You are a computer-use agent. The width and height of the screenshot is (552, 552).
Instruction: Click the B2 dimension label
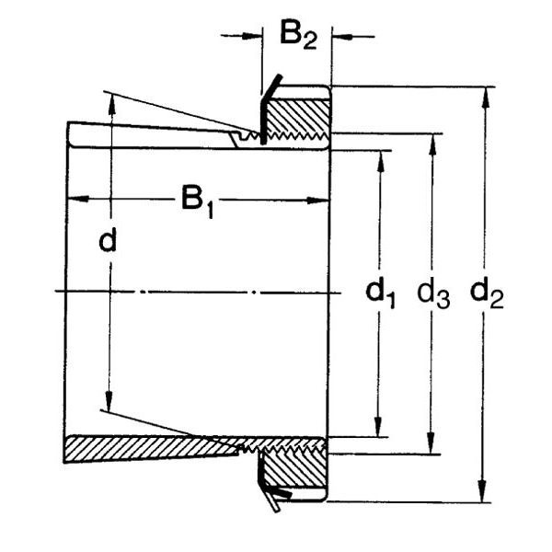pos(298,36)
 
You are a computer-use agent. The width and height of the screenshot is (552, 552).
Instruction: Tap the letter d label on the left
pos(109,241)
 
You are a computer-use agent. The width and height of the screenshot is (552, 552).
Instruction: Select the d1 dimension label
pos(381,294)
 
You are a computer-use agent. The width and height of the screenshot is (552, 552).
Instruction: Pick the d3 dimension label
pos(433,294)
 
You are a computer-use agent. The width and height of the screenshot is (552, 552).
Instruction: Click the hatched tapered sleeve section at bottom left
pos(138,449)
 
